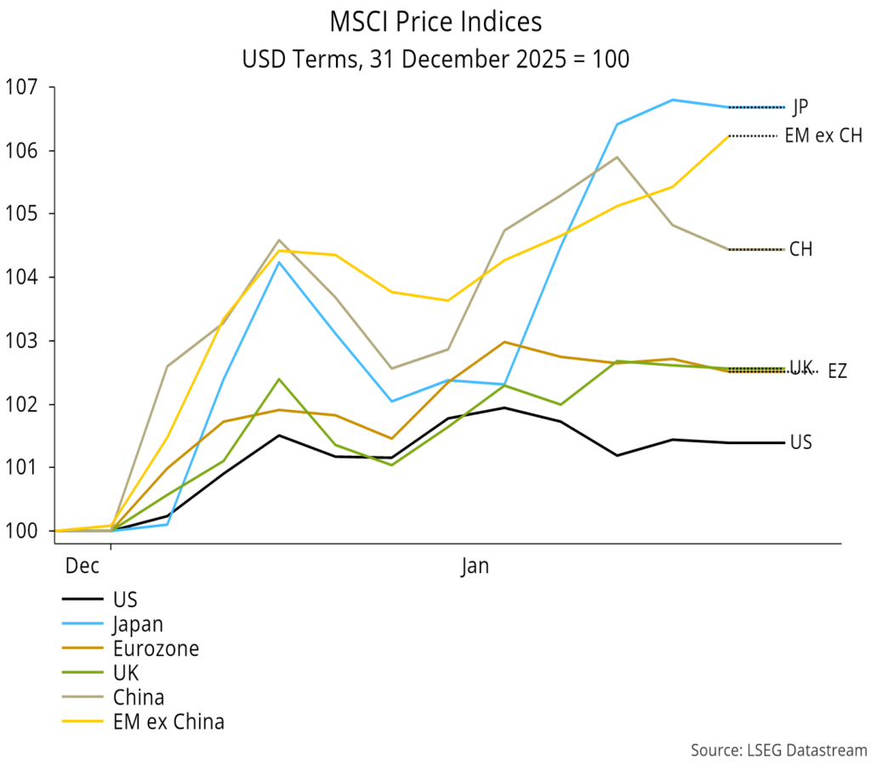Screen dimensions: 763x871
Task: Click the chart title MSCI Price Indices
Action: pyautogui.click(x=435, y=21)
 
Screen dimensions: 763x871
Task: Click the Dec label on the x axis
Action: pyautogui.click(x=83, y=566)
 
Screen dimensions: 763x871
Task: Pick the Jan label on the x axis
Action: pyautogui.click(x=475, y=566)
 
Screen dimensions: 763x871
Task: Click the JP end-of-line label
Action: pyautogui.click(x=800, y=107)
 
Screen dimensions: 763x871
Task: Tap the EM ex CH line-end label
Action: pyautogui.click(x=823, y=136)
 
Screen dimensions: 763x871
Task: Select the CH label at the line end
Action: pyautogui.click(x=800, y=250)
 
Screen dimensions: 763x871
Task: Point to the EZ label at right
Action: pyautogui.click(x=837, y=373)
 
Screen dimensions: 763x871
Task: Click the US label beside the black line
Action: pyautogui.click(x=800, y=442)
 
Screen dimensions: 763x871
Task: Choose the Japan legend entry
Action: pyautogui.click(x=137, y=623)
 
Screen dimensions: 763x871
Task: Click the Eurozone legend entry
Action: pyautogui.click(x=155, y=648)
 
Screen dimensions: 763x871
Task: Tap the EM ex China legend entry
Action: pyautogui.click(x=168, y=722)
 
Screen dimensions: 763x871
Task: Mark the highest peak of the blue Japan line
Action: pyautogui.click(x=673, y=100)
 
